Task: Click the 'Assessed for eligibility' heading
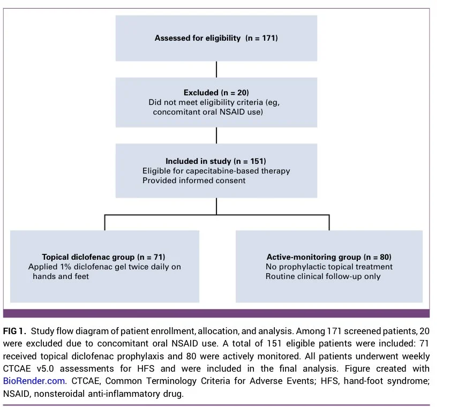[x=198, y=38]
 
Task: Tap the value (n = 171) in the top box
[x=261, y=38]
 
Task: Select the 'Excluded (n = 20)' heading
[x=216, y=93]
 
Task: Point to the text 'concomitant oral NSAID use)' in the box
[x=208, y=112]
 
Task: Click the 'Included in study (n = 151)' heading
[x=216, y=161]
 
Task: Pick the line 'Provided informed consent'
[x=194, y=180]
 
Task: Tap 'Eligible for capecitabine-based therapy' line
[x=216, y=171]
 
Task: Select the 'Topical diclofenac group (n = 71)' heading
[x=103, y=257]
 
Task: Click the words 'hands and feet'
[x=61, y=276]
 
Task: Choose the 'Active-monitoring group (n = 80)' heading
[x=329, y=257]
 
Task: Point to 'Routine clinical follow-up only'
[x=323, y=276]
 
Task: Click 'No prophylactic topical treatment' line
[x=329, y=267]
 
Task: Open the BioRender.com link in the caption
[x=34, y=381]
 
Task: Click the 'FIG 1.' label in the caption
[x=14, y=331]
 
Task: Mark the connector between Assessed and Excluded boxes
[x=216, y=69]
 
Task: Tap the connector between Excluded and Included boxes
[x=216, y=135]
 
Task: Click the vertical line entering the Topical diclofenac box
[x=105, y=222]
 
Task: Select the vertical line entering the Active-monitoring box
[x=329, y=222]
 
